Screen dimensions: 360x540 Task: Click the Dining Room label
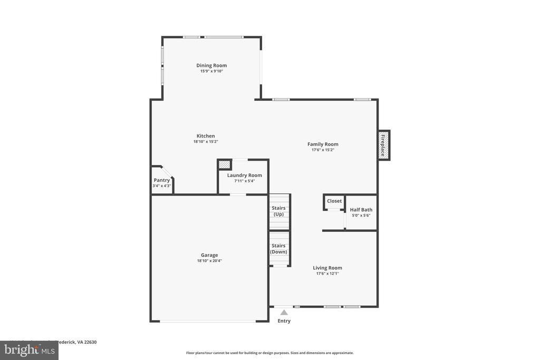pyautogui.click(x=211, y=65)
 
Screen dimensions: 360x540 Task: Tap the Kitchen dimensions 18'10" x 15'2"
pyautogui.click(x=205, y=142)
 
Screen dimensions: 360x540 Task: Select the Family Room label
pyautogui.click(x=323, y=144)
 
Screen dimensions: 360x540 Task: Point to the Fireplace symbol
pyautogui.click(x=383, y=145)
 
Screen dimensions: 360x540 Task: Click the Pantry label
pyautogui.click(x=162, y=180)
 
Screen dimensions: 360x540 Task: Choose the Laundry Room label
pyautogui.click(x=244, y=176)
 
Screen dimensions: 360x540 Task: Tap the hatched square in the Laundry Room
pyautogui.click(x=225, y=164)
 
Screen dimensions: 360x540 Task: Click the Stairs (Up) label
pyautogui.click(x=278, y=211)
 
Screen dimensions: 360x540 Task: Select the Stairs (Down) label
pyautogui.click(x=278, y=249)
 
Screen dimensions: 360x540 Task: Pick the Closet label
pyautogui.click(x=334, y=201)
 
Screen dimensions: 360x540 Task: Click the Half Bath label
pyautogui.click(x=361, y=210)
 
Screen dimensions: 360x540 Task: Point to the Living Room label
pyautogui.click(x=327, y=268)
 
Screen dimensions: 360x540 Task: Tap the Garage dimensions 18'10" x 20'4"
pyautogui.click(x=209, y=261)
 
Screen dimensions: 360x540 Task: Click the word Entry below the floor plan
pyautogui.click(x=284, y=321)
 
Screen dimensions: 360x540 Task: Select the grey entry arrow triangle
pyautogui.click(x=284, y=312)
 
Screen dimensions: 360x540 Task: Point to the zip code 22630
pyautogui.click(x=89, y=342)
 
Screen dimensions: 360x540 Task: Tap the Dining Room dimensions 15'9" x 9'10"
pyautogui.click(x=211, y=71)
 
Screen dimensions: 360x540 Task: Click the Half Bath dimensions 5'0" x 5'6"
pyautogui.click(x=361, y=216)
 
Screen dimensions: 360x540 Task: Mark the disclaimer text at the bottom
pyautogui.click(x=269, y=353)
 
